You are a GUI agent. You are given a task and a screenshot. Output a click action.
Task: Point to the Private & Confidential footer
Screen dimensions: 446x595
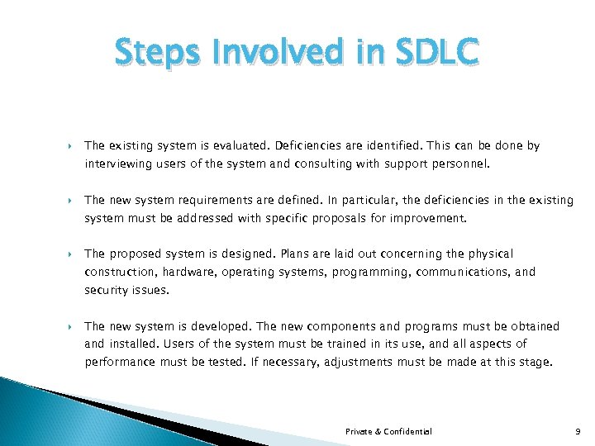coord(388,431)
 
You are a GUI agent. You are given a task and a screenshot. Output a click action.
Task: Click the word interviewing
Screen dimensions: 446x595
coord(115,164)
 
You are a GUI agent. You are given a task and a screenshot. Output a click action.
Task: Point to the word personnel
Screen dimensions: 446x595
coord(464,164)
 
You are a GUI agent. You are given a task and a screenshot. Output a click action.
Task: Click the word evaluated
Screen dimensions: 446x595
coord(211,145)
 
